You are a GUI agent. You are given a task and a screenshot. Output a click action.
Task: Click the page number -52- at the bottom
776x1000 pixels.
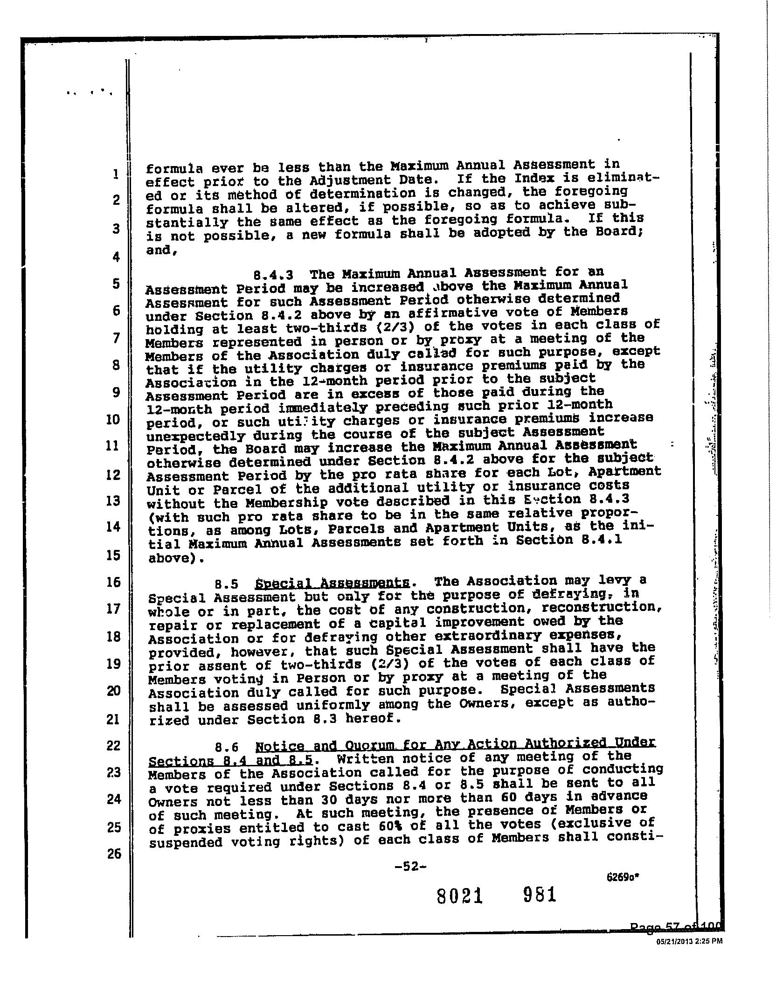410,867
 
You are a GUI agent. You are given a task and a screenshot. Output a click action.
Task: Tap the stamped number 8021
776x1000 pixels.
459,896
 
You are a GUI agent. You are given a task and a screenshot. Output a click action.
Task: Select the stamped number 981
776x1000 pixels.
540,895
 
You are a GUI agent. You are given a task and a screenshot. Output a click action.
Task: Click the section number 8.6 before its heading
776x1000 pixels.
227,748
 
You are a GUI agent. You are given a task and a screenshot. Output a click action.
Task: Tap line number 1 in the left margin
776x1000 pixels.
115,174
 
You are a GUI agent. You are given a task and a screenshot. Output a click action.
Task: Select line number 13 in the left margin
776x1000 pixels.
113,501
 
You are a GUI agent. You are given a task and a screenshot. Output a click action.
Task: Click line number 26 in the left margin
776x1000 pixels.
113,854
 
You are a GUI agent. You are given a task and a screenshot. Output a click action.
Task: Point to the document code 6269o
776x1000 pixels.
622,876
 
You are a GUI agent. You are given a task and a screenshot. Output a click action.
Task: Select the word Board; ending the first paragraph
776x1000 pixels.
617,232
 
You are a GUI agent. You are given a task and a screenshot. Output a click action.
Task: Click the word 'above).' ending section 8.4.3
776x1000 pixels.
176,558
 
